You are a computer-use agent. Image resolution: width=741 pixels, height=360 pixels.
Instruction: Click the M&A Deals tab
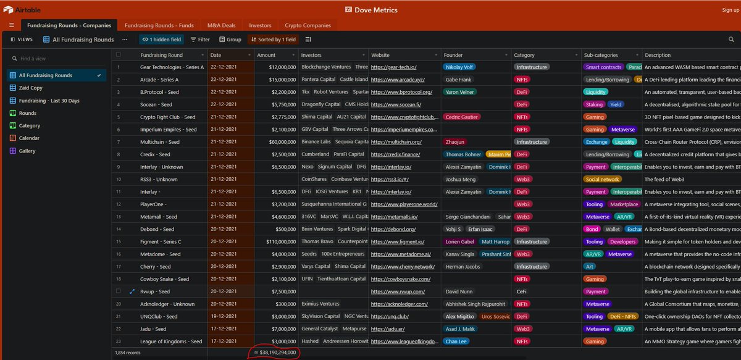[221, 25]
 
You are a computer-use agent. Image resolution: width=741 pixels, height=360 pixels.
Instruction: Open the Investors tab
[260, 25]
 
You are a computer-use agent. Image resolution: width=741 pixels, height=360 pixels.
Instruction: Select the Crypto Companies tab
[308, 25]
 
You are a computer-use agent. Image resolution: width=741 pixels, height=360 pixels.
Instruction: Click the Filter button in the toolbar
[199, 40]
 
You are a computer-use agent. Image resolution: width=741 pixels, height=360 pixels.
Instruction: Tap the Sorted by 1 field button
[272, 40]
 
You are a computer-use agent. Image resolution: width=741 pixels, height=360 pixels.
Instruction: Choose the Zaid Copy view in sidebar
[30, 88]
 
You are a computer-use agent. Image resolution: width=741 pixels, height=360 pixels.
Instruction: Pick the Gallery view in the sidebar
[27, 151]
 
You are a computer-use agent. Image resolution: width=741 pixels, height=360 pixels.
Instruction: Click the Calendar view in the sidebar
[29, 138]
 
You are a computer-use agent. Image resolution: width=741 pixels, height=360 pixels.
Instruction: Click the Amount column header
[266, 55]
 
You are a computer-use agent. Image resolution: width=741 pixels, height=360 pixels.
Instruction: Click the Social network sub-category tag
[602, 179]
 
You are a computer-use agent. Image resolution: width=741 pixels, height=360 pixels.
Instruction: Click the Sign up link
[730, 10]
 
